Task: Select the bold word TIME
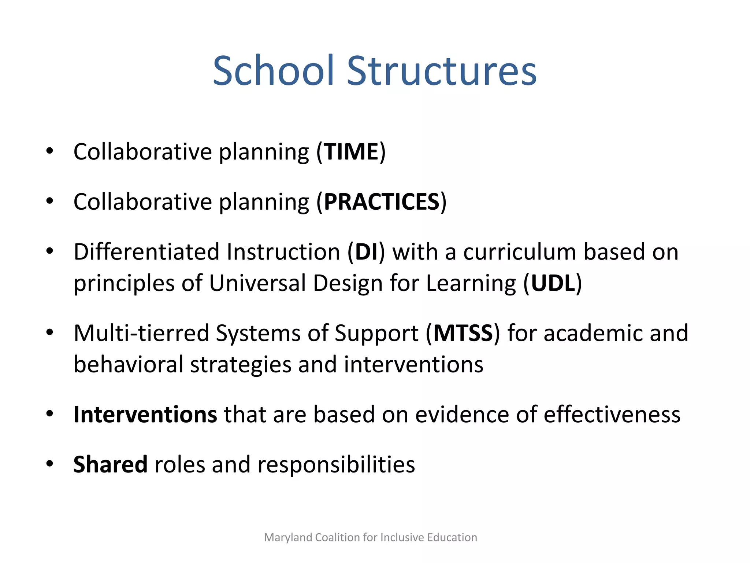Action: [x=351, y=152]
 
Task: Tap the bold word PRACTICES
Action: [x=382, y=202]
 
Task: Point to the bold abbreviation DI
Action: [x=366, y=252]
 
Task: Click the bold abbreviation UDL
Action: [x=553, y=283]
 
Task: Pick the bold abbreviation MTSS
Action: [x=463, y=333]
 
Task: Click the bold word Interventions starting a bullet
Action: [x=145, y=415]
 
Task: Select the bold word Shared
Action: [x=110, y=464]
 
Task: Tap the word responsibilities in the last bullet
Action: [x=336, y=464]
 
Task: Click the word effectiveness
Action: [x=612, y=415]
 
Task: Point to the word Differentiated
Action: [x=146, y=252]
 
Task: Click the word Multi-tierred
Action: [x=141, y=333]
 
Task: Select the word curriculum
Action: [x=520, y=252]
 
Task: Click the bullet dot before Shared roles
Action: [x=50, y=464]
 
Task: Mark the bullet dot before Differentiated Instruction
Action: [x=50, y=251]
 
